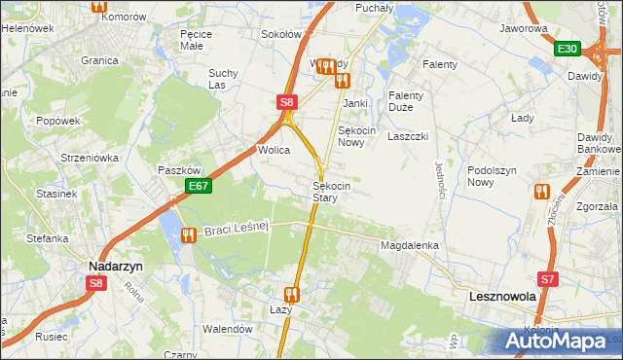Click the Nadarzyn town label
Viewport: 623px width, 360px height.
pos(116,264)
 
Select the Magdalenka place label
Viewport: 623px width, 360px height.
pos(410,246)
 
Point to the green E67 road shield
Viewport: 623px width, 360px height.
pos(199,186)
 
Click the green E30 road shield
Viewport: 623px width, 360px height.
pos(568,49)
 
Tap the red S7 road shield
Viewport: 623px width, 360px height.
pos(550,279)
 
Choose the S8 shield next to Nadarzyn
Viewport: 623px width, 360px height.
pos(95,283)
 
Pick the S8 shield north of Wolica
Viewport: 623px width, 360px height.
pos(285,101)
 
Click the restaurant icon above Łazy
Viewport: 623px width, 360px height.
pos(290,293)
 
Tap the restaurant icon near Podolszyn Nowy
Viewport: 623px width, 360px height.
pos(539,192)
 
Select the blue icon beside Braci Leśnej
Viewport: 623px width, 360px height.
pos(188,234)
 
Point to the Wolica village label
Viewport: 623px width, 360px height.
pos(274,151)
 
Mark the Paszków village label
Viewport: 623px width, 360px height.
pos(178,169)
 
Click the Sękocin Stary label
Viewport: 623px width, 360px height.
pos(325,191)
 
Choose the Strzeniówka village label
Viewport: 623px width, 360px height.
pos(89,157)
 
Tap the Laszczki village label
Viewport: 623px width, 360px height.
pos(408,137)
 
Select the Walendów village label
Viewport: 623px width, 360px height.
pos(227,329)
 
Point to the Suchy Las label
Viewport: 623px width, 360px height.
pos(223,78)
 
